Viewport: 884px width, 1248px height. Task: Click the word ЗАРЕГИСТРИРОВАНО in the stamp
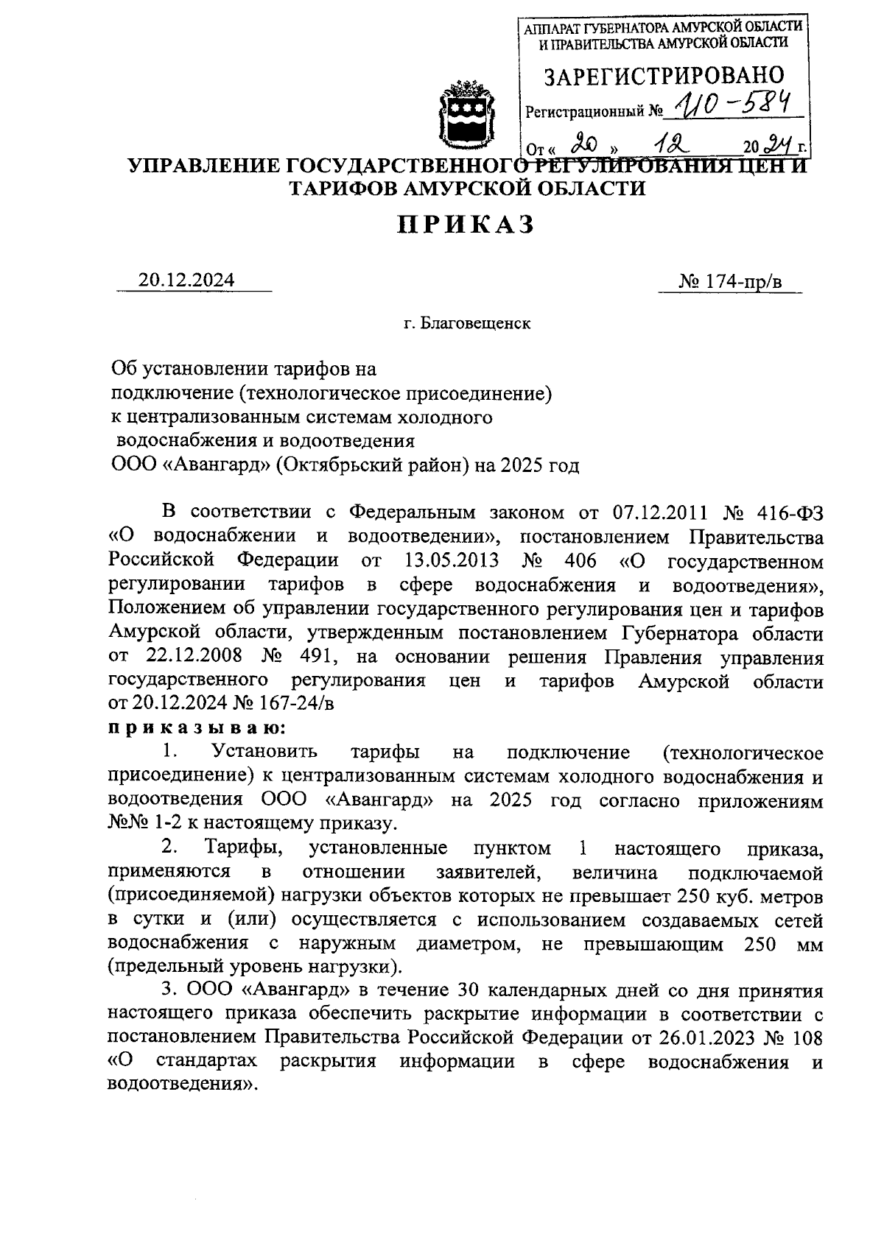(663, 76)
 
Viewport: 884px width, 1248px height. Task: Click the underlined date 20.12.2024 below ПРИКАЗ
(186, 281)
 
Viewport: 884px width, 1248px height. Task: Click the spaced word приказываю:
(196, 727)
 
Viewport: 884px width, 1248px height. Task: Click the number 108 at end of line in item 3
(806, 1037)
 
